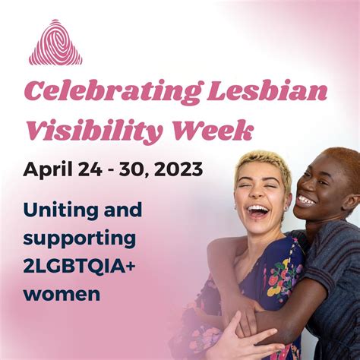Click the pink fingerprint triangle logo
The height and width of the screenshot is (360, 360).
click(55, 43)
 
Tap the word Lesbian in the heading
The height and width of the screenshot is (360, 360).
click(267, 90)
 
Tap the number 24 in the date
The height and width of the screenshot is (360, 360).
click(90, 169)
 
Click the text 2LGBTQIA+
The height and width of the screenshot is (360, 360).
click(78, 267)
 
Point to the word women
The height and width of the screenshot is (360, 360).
click(62, 294)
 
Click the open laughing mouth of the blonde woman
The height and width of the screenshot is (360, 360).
click(258, 211)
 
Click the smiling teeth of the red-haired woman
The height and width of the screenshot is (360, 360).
click(307, 200)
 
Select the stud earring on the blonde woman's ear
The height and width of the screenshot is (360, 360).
click(287, 208)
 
